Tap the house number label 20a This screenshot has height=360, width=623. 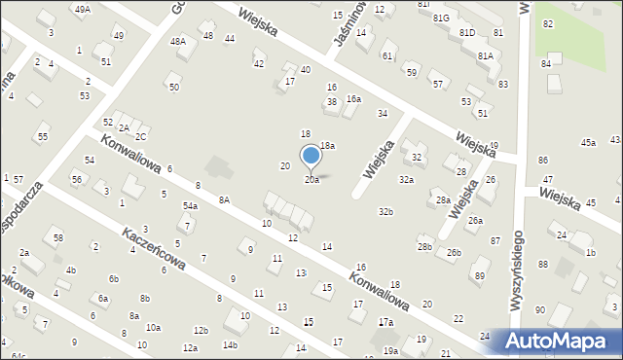[311, 180]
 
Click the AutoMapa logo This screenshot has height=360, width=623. [558, 342]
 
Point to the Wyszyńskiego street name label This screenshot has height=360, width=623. [515, 283]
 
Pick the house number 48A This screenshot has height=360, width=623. [177, 41]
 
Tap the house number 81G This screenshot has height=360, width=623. [441, 18]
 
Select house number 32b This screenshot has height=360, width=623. [386, 211]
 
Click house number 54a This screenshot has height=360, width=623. [190, 206]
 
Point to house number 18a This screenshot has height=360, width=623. [328, 145]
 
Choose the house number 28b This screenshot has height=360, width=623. [425, 247]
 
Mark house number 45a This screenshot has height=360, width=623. [588, 143]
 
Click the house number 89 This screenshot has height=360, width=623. [480, 276]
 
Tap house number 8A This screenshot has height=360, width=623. [224, 199]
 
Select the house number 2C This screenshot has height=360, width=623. [141, 137]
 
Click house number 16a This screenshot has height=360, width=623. [354, 98]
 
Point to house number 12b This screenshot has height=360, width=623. [201, 331]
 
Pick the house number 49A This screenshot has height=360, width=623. [83, 9]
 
